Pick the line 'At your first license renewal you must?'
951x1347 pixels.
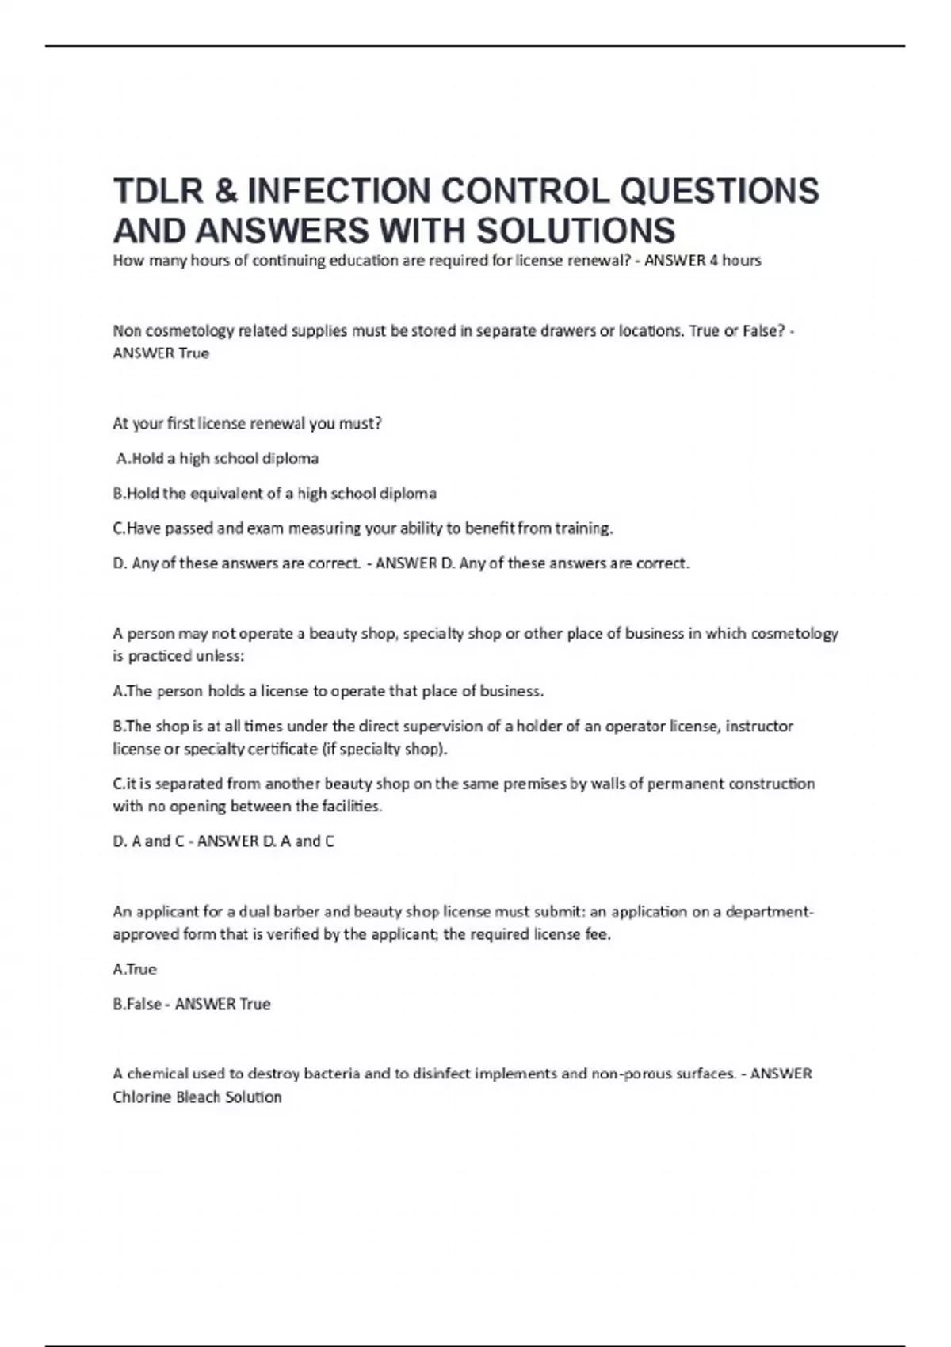[247, 424]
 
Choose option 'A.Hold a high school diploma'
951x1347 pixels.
[217, 459]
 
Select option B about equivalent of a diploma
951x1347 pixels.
[275, 494]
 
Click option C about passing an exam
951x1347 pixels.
[364, 528]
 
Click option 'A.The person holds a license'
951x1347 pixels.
[328, 691]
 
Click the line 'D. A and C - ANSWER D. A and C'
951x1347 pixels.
[223, 841]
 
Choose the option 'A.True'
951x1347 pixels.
[136, 969]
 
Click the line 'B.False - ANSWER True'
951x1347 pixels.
[192, 1005]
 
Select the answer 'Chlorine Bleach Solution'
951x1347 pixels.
[197, 1097]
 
